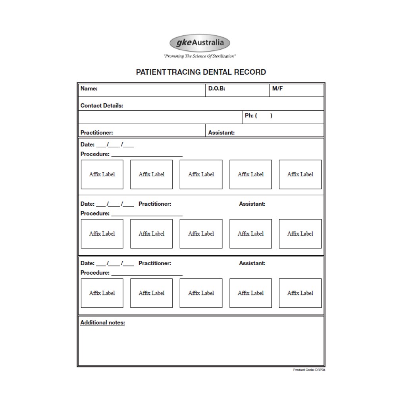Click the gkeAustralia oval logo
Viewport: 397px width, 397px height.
point(200,43)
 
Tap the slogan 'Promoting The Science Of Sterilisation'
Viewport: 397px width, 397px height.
point(200,56)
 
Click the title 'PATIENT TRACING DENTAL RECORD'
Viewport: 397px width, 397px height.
point(201,72)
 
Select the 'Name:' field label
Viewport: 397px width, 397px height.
point(89,89)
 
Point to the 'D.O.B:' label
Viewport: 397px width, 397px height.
point(217,89)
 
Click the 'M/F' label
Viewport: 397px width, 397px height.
point(278,89)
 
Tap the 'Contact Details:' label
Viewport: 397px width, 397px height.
point(102,106)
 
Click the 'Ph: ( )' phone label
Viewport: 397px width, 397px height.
point(258,116)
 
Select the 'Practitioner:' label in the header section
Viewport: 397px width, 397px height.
point(96,133)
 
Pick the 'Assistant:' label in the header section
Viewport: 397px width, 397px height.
point(221,133)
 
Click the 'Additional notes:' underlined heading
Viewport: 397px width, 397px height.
point(102,322)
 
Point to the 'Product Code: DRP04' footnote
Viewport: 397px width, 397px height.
point(309,370)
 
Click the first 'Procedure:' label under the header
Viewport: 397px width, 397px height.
point(95,154)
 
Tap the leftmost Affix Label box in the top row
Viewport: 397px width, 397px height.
point(102,174)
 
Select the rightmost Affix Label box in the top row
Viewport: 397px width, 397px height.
point(300,174)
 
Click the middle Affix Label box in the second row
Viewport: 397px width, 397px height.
point(201,233)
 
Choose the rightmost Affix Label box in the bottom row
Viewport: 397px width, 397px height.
point(300,293)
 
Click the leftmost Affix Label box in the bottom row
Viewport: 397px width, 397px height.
point(102,293)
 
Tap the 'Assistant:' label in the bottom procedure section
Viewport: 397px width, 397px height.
point(252,263)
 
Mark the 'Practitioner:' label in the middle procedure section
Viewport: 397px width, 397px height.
point(155,204)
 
